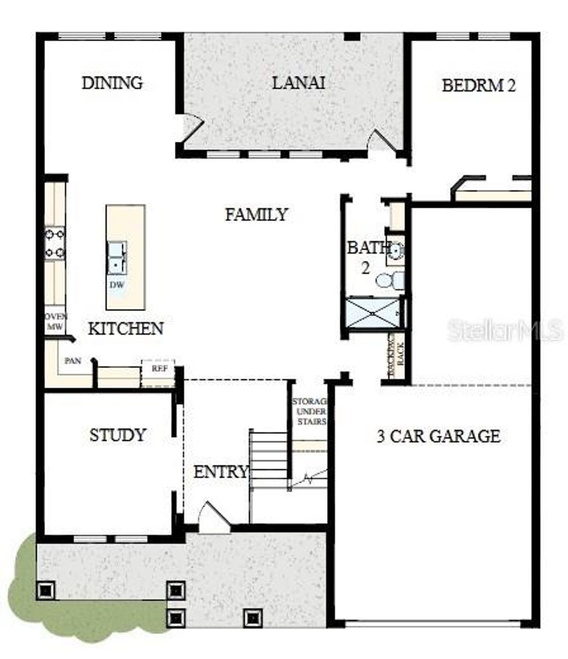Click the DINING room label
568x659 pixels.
click(112, 83)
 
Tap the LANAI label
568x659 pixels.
click(298, 83)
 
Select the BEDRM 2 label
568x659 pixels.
click(479, 85)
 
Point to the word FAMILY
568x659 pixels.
click(256, 214)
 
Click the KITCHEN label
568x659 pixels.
click(126, 329)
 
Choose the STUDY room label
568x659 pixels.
click(118, 435)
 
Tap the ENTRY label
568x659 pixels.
click(220, 472)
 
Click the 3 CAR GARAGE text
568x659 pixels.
click(438, 436)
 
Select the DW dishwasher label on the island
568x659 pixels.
click(116, 285)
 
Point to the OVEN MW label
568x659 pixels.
click(55, 321)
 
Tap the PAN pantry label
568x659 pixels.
click(73, 361)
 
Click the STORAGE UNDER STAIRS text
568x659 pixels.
click(310, 411)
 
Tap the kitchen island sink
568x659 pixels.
click(116, 258)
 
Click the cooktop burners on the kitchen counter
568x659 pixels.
click(55, 243)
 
